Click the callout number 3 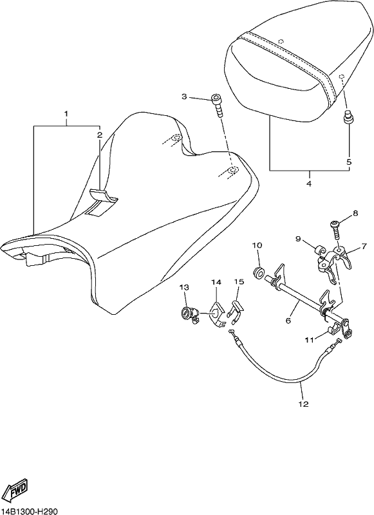pyautogui.click(x=184, y=97)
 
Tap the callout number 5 pyautogui.click(x=349, y=162)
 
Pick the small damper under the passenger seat pyautogui.click(x=348, y=118)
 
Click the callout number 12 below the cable pyautogui.click(x=304, y=404)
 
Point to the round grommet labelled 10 pyautogui.click(x=259, y=272)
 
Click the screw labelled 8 pyautogui.click(x=336, y=230)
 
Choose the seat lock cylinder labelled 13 pyautogui.click(x=189, y=314)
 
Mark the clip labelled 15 pyautogui.click(x=236, y=310)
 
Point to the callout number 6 pyautogui.click(x=288, y=320)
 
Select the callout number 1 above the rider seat pyautogui.click(x=66, y=114)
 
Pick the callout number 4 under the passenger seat pyautogui.click(x=308, y=183)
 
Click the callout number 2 pyautogui.click(x=100, y=135)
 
